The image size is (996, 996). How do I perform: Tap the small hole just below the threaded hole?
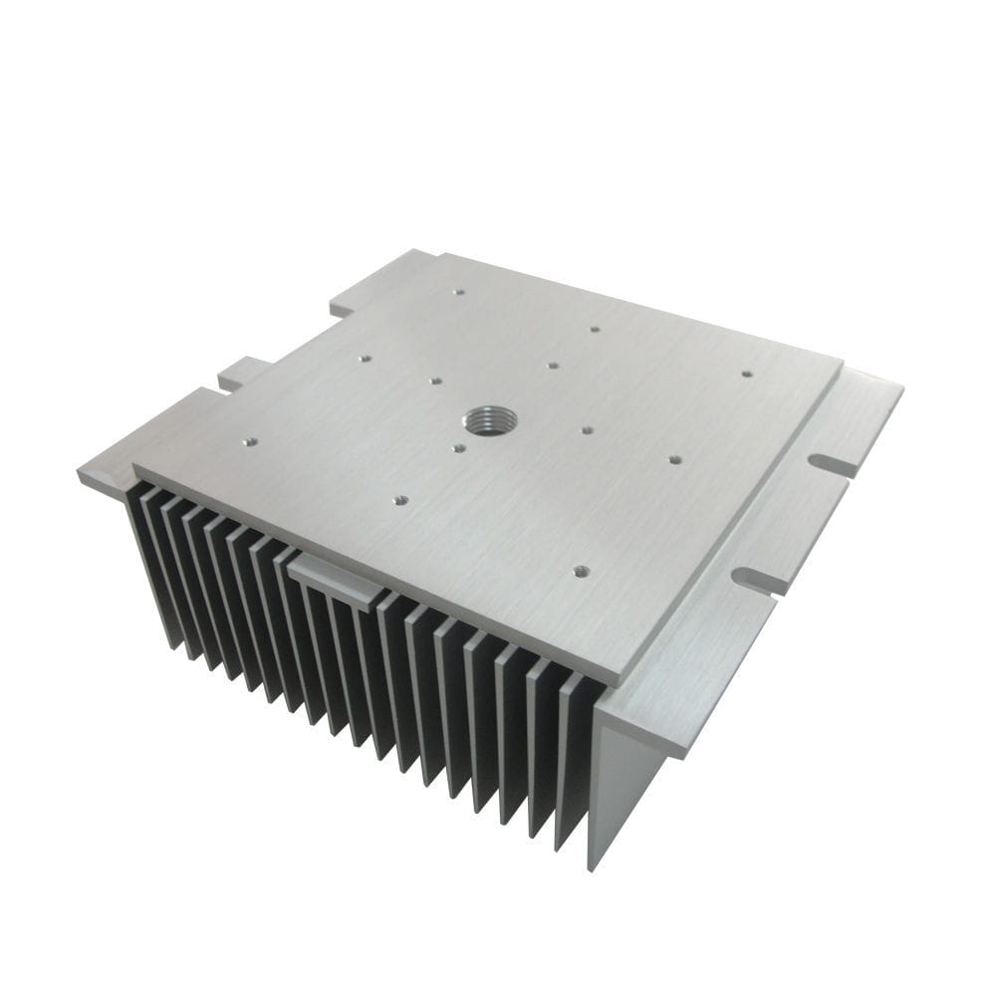click(458, 448)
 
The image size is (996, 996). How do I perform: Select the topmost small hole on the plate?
click(457, 293)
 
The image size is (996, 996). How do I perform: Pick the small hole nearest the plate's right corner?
click(746, 374)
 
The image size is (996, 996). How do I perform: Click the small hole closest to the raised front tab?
click(400, 500)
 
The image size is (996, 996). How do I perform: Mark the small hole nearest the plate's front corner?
click(582, 571)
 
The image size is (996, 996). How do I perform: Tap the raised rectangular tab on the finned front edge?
click(337, 580)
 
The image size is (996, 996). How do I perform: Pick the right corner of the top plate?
click(843, 362)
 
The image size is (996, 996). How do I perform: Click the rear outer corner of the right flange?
click(902, 386)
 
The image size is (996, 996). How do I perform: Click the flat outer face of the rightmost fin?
click(622, 787)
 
